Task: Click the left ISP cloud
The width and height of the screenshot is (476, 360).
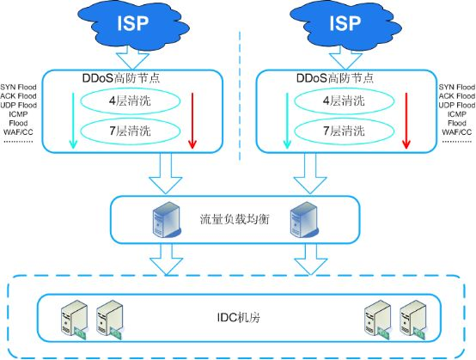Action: click(133, 24)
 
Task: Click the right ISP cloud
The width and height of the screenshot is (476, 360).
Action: click(345, 24)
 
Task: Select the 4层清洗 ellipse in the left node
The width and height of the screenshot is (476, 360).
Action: click(131, 101)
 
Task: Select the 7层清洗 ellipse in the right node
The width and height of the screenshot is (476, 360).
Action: click(345, 131)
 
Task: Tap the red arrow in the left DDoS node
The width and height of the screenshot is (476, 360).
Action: click(192, 121)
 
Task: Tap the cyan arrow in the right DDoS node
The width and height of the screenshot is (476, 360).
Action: click(287, 121)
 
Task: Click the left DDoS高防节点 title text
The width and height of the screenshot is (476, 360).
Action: click(121, 78)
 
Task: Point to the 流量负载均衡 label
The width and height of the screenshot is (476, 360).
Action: click(235, 219)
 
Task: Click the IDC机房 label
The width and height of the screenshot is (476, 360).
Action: click(239, 318)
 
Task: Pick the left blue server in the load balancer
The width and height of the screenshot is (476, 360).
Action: click(166, 220)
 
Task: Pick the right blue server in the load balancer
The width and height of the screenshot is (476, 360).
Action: click(304, 220)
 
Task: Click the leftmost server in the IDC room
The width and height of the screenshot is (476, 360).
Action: click(75, 320)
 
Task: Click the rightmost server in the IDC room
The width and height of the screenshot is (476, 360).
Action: click(413, 320)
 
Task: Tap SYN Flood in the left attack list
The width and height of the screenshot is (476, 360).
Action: click(18, 87)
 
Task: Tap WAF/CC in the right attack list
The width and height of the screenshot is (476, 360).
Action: click(457, 132)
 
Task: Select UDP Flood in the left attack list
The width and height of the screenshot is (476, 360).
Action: click(19, 105)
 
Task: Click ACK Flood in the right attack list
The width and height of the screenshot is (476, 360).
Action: click(457, 96)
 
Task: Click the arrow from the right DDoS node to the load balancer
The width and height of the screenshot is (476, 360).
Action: click(310, 173)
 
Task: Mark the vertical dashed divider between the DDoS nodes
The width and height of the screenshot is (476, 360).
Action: click(240, 95)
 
